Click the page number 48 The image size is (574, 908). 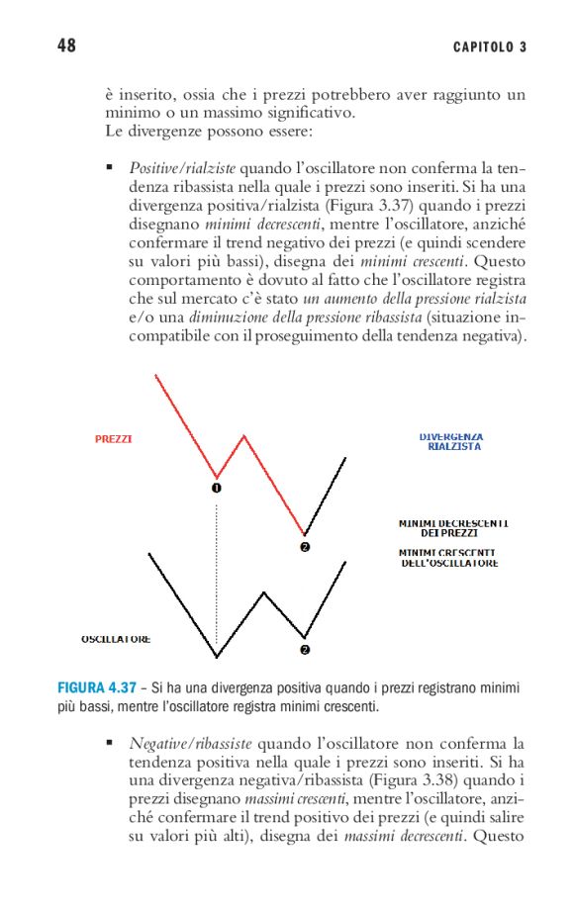[x=66, y=46]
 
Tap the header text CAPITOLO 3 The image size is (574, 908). [x=490, y=47]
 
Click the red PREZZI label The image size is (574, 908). [x=114, y=438]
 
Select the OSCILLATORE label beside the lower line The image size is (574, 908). [x=116, y=639]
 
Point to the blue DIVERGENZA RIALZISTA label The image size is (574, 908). [x=450, y=441]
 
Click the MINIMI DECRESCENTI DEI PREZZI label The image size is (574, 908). [x=454, y=527]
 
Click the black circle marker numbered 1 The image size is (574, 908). [x=217, y=488]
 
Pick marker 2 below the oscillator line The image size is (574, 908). [x=305, y=650]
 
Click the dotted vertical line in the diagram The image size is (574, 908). [x=217, y=574]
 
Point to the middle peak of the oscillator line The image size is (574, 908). [x=264, y=592]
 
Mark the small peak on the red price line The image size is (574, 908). [x=244, y=434]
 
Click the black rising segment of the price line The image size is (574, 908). [x=327, y=495]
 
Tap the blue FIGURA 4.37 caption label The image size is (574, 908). [x=96, y=687]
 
